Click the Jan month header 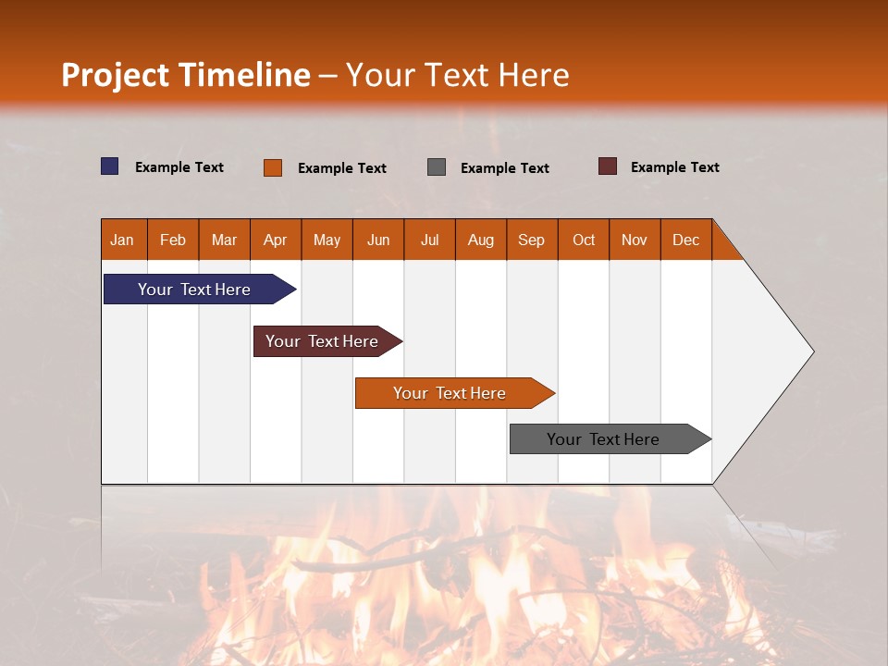pyautogui.click(x=123, y=240)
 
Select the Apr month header pyautogui.click(x=276, y=240)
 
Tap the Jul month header pyautogui.click(x=429, y=240)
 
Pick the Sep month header pyautogui.click(x=532, y=240)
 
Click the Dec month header pyautogui.click(x=685, y=240)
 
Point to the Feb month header pyautogui.click(x=173, y=240)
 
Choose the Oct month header pyautogui.click(x=584, y=240)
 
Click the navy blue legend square pyautogui.click(x=110, y=166)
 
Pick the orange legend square pyautogui.click(x=273, y=167)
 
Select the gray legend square pyautogui.click(x=437, y=167)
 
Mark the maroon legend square pyautogui.click(x=608, y=166)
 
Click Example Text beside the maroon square pyautogui.click(x=674, y=167)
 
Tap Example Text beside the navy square pyautogui.click(x=179, y=167)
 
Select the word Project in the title pyautogui.click(x=114, y=75)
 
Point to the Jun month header pyautogui.click(x=378, y=240)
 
